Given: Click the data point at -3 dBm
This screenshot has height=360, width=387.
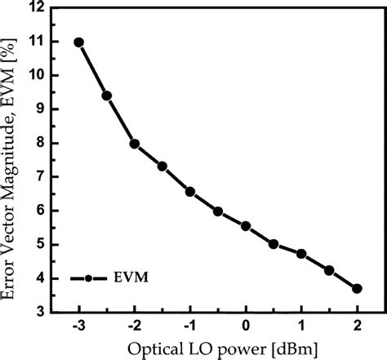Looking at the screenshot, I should [79, 42].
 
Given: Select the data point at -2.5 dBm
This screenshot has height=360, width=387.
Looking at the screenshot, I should [107, 96].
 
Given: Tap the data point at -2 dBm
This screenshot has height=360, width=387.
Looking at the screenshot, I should [135, 144].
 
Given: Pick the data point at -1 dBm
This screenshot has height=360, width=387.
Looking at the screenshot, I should [190, 192].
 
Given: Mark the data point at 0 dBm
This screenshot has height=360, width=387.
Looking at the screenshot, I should [246, 226].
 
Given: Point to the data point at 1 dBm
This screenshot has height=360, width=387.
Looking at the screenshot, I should [301, 254].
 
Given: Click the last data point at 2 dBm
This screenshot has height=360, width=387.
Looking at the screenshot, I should [357, 288].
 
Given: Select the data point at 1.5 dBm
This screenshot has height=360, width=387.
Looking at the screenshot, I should [329, 270].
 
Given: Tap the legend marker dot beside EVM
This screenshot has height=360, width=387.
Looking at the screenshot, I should [87, 278].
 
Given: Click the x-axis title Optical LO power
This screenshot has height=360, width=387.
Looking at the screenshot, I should [217, 349].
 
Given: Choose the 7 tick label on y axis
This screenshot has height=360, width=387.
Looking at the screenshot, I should [38, 177].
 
